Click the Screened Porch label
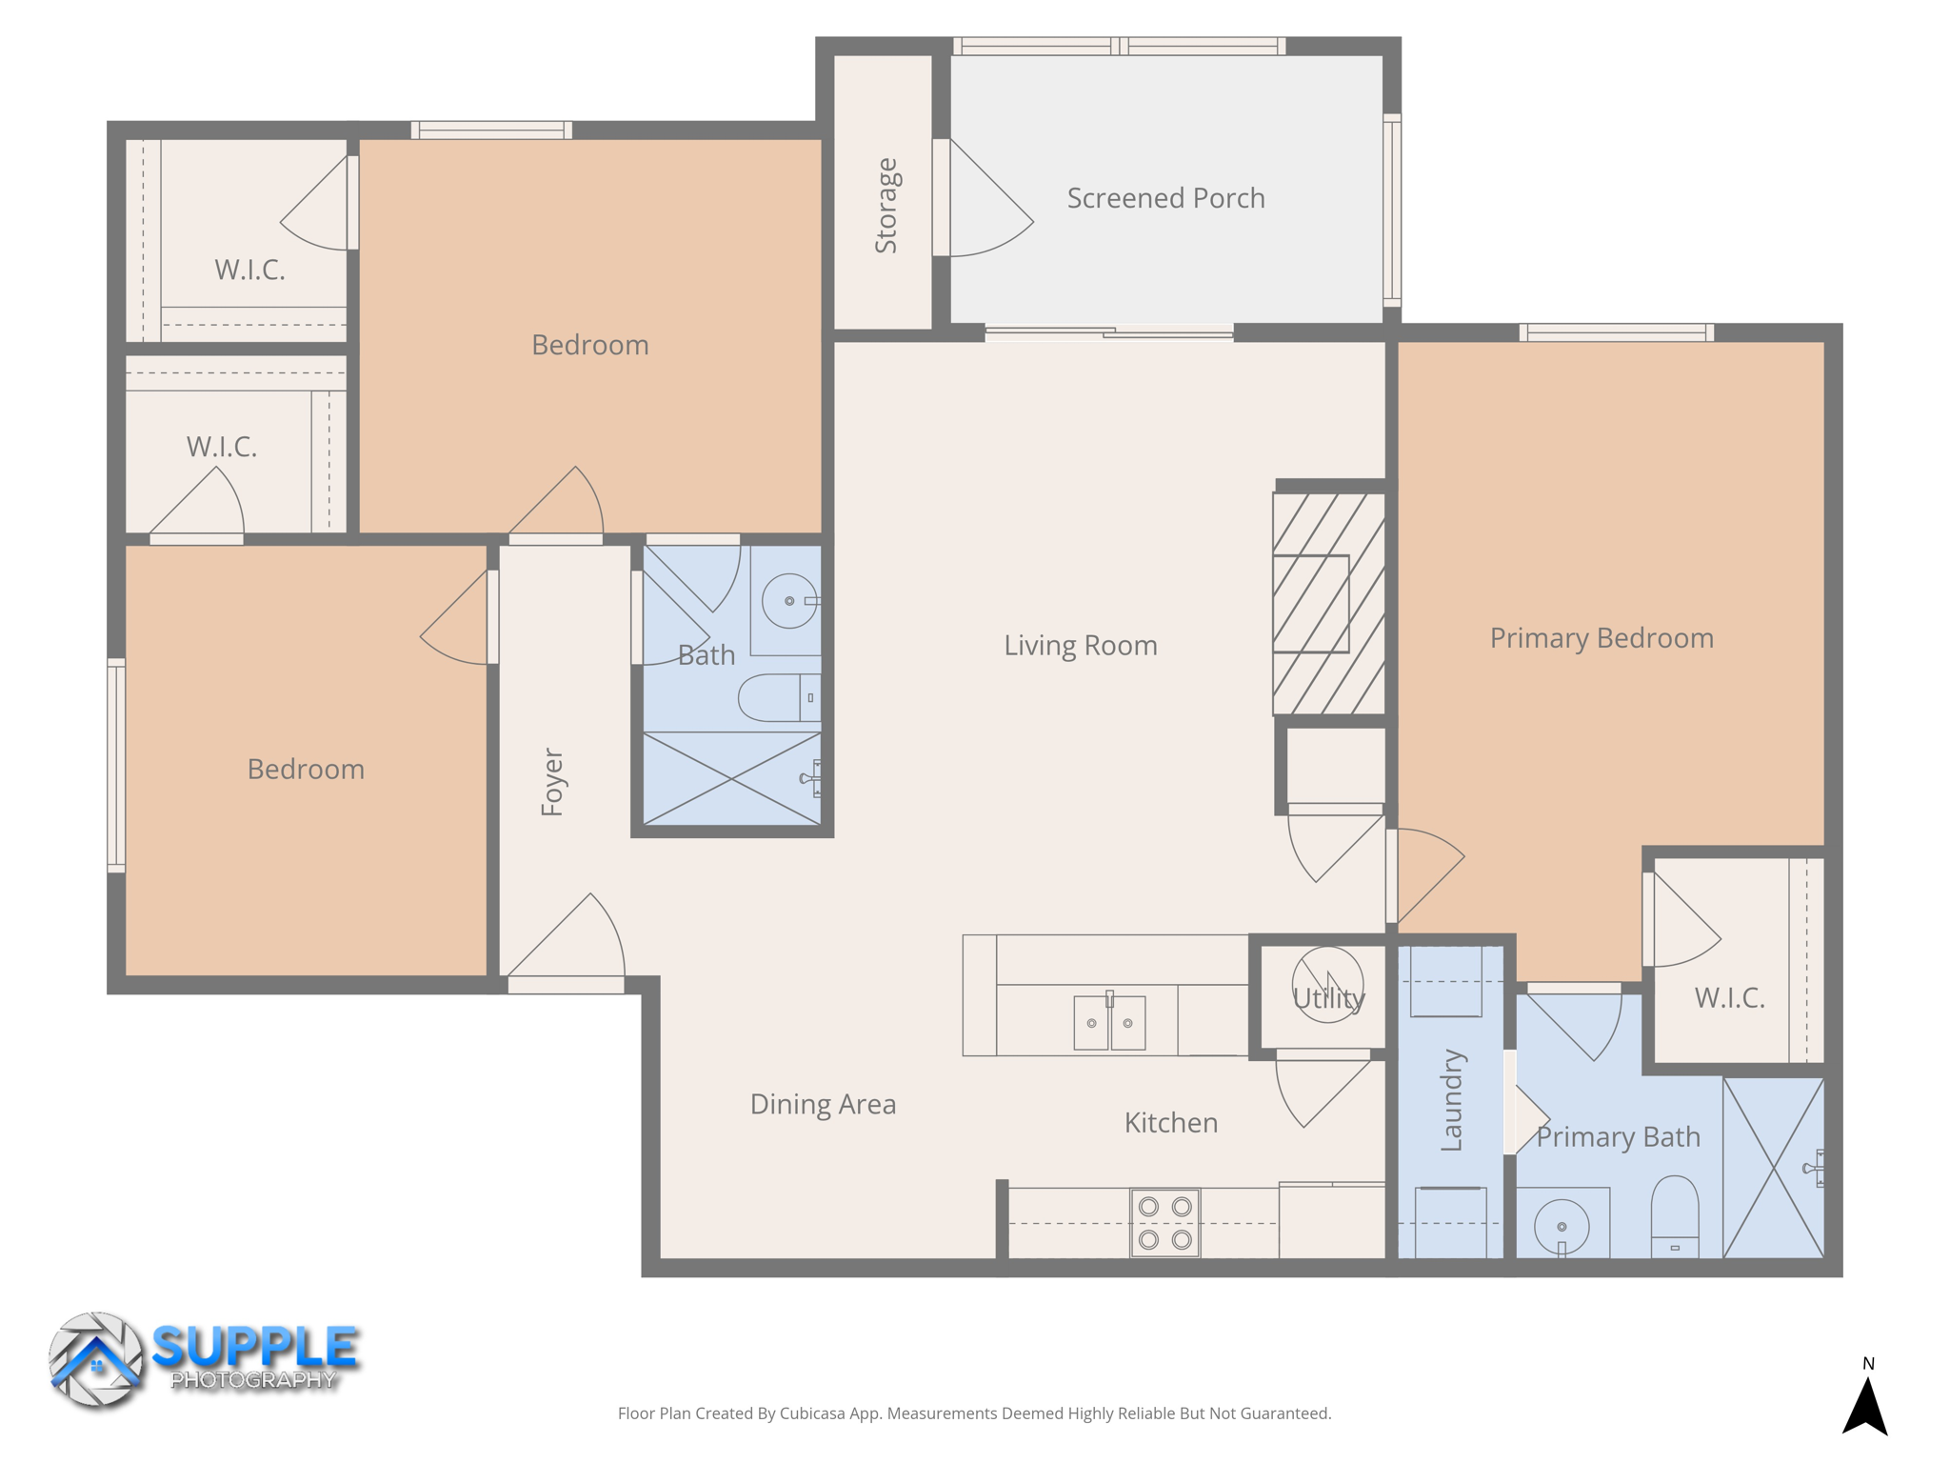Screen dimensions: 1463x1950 1165,198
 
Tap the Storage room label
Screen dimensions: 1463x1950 886,206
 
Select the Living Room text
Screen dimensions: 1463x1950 1081,646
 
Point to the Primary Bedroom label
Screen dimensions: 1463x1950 1602,638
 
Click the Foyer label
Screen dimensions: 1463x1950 552,782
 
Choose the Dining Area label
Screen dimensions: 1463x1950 823,1104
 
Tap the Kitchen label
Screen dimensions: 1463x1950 1171,1123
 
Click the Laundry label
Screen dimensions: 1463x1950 1451,1100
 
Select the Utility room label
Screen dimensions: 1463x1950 1328,998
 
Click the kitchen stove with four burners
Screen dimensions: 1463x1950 1165,1223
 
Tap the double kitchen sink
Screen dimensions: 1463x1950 1109,1023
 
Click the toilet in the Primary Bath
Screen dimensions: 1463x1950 1675,1215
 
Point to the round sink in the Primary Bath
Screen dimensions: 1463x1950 1562,1227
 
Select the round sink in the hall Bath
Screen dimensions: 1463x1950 789,601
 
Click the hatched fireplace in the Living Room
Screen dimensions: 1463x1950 1329,604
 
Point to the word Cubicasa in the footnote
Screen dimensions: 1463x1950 813,1413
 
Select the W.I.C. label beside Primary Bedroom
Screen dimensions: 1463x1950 1729,998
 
